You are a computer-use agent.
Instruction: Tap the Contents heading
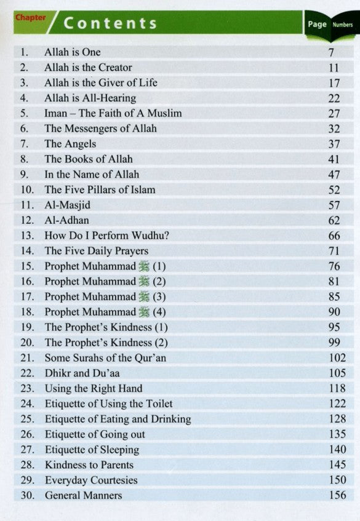tap(110, 24)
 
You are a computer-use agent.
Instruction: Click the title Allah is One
tap(72, 52)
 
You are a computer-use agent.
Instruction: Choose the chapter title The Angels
tap(70, 144)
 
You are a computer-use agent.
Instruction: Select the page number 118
tap(336, 389)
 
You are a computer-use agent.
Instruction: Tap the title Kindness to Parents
tap(89, 465)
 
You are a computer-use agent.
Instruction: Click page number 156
tap(336, 496)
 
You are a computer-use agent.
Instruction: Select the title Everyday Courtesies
tap(90, 480)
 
